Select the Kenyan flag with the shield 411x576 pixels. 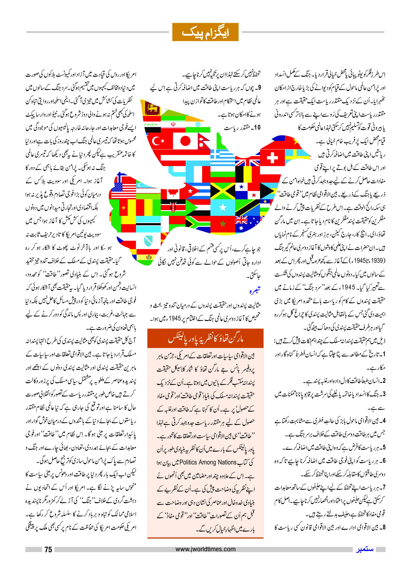tap(173, 208)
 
